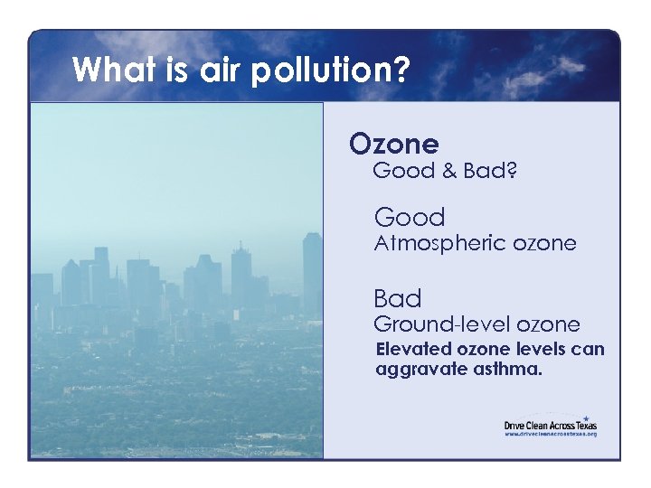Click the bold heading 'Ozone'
394,144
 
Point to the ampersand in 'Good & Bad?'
448,171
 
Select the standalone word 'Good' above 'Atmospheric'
410,218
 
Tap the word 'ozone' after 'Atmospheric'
544,244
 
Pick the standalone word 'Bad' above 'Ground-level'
398,299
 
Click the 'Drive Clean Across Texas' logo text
550,425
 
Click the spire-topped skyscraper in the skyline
241,271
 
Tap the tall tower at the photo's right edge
312,271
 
